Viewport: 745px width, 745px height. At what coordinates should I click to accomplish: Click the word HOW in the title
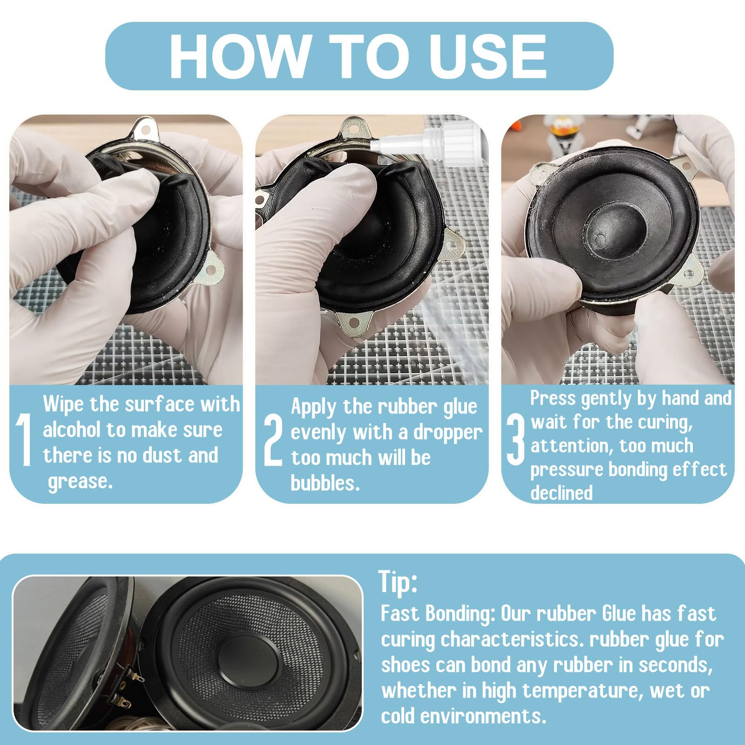pyautogui.click(x=237, y=56)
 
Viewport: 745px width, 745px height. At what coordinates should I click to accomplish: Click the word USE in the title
pyautogui.click(x=488, y=56)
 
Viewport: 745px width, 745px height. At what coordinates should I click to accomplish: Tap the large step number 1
pyautogui.click(x=24, y=440)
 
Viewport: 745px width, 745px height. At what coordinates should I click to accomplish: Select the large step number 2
pyautogui.click(x=273, y=440)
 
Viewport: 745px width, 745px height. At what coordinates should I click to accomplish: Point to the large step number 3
pyautogui.click(x=515, y=440)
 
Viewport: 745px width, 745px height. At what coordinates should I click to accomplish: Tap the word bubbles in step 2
pyautogui.click(x=325, y=483)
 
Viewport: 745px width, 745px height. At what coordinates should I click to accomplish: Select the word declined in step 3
pyautogui.click(x=561, y=492)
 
